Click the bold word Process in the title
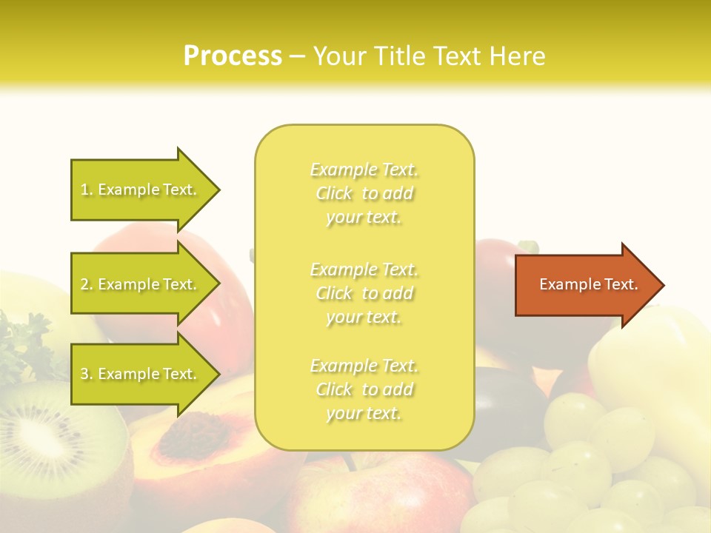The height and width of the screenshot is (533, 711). (x=233, y=56)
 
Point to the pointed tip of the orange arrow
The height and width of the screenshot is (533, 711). (x=662, y=285)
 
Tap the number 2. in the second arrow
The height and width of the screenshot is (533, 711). (x=87, y=284)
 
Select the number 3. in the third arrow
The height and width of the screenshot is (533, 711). (x=87, y=374)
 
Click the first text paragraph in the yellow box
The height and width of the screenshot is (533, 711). (x=364, y=193)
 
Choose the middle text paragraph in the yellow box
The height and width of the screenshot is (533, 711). (x=364, y=293)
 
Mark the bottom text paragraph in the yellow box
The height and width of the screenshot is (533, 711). (x=364, y=389)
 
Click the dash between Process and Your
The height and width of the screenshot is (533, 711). (x=297, y=56)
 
